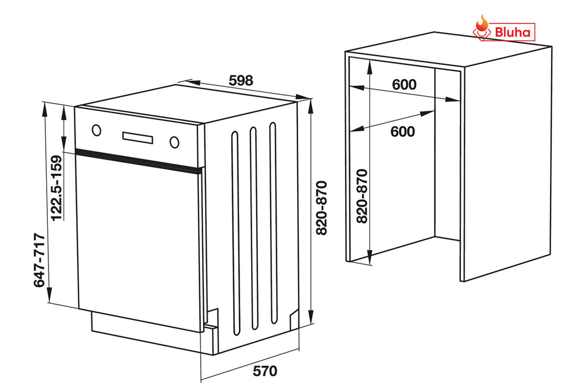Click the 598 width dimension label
(x=241, y=80)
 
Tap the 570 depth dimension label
(x=265, y=371)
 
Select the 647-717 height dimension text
(x=40, y=261)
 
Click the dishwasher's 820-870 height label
(x=322, y=208)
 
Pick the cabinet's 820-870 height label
(x=362, y=197)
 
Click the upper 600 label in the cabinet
(x=404, y=85)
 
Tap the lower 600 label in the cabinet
(x=402, y=132)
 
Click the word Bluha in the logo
(x=513, y=32)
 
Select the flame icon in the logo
(x=482, y=26)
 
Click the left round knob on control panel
(x=97, y=130)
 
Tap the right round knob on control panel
(x=174, y=142)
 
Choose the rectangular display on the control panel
(x=138, y=137)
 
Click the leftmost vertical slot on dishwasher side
(x=235, y=233)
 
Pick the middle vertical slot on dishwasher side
(x=254, y=228)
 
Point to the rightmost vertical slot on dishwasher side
(x=273, y=223)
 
